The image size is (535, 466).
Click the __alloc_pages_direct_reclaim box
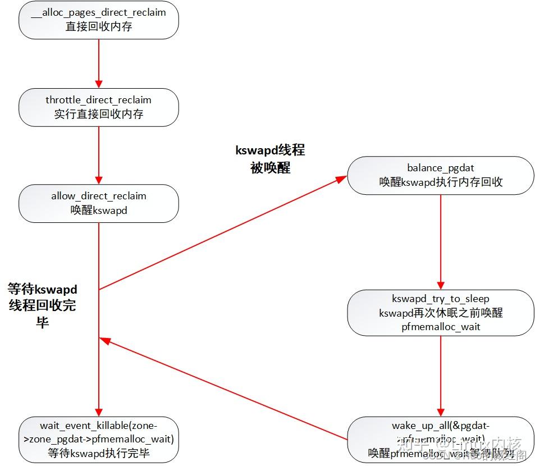click(x=98, y=19)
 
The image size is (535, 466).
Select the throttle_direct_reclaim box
click(x=98, y=107)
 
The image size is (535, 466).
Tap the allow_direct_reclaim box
click(x=98, y=203)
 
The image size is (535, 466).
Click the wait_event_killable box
click(x=98, y=439)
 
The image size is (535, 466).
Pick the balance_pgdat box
click(x=440, y=175)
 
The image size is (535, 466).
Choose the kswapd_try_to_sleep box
click(x=440, y=313)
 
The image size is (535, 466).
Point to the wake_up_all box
click(x=440, y=439)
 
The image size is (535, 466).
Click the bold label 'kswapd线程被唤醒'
click(x=270, y=159)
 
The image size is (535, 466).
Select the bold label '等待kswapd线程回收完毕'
click(x=42, y=305)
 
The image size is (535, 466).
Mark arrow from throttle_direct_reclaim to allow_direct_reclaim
click(x=99, y=156)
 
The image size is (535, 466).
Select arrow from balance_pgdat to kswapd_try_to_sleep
click(x=440, y=241)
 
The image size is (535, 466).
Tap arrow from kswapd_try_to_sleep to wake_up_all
click(x=440, y=376)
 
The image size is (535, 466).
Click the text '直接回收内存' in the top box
click(x=98, y=26)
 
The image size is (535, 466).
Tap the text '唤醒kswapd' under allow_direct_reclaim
click(x=98, y=211)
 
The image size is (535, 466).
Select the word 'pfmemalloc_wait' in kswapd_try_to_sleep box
click(x=440, y=326)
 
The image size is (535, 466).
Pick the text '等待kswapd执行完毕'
click(x=98, y=453)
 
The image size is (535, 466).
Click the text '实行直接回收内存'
click(x=98, y=114)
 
